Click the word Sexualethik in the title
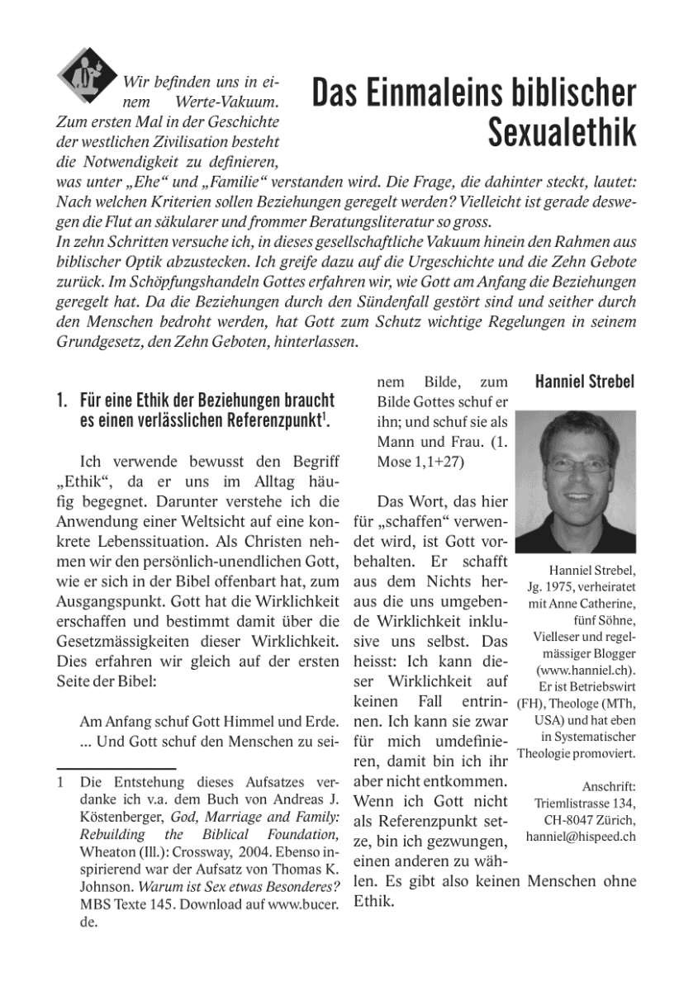pyautogui.click(x=562, y=132)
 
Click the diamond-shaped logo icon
pyautogui.click(x=83, y=73)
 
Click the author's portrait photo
pyautogui.click(x=575, y=481)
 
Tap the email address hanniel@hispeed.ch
pyautogui.click(x=580, y=837)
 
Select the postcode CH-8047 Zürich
pyautogui.click(x=589, y=819)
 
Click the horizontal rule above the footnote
pyautogui.click(x=115, y=767)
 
